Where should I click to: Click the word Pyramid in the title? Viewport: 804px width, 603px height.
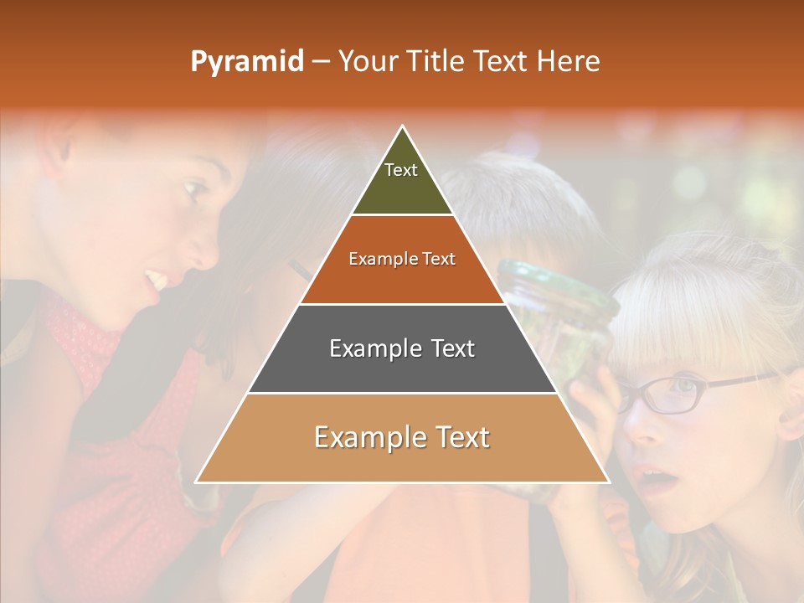coord(247,61)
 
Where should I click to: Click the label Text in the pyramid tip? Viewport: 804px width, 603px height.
coord(401,170)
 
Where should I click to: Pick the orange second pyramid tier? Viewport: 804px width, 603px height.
coord(402,281)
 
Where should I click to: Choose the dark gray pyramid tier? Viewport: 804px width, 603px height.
coord(402,368)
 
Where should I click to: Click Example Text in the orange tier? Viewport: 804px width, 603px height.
coord(402,259)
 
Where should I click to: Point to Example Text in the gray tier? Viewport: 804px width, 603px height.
coord(402,348)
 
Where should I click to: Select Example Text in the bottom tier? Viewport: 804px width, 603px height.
coord(402,437)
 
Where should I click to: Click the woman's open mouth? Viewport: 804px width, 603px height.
coord(157,278)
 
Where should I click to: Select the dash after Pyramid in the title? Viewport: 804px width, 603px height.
coord(321,62)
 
